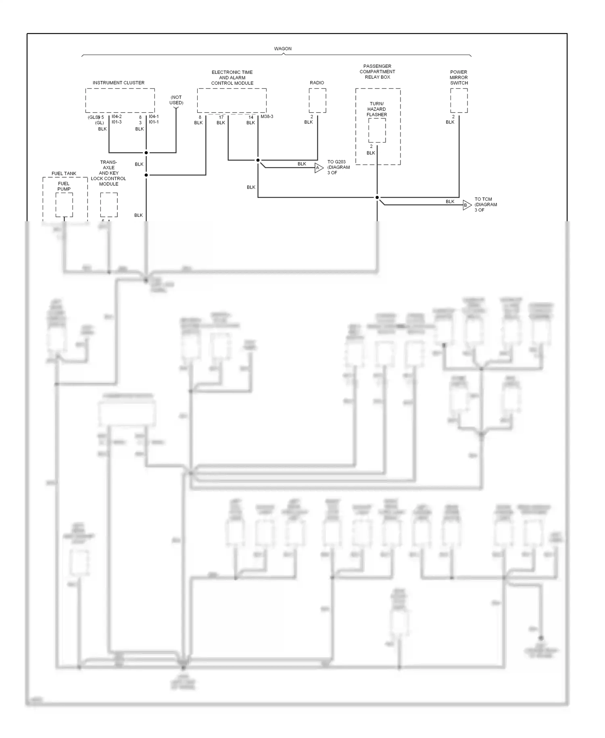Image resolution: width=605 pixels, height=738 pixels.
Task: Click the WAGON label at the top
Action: click(x=283, y=48)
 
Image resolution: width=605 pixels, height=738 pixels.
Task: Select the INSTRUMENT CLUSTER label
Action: click(x=118, y=83)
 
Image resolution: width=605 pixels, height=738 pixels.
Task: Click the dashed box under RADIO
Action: click(x=317, y=101)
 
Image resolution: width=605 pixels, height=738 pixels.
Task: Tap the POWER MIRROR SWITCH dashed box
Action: click(x=459, y=101)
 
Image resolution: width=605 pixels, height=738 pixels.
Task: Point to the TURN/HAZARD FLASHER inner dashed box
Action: click(x=377, y=130)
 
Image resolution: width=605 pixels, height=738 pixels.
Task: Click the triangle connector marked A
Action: click(x=319, y=168)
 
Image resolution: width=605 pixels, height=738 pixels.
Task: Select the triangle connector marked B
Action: click(x=467, y=205)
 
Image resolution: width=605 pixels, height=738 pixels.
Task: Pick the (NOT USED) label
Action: click(x=176, y=100)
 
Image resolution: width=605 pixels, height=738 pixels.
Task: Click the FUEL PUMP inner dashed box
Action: click(x=64, y=205)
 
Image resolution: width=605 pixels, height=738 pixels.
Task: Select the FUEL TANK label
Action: click(x=64, y=174)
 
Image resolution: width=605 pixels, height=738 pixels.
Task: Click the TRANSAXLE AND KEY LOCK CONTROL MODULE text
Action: click(x=108, y=173)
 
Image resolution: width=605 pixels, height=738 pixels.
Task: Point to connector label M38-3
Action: click(x=267, y=117)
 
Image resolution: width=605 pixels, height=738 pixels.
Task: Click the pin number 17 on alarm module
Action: click(x=221, y=117)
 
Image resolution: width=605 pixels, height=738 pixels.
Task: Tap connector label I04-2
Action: click(x=117, y=117)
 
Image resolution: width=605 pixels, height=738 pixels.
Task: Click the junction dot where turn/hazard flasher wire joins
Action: click(x=377, y=197)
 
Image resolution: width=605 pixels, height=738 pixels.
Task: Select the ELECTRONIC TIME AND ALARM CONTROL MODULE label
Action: click(x=232, y=78)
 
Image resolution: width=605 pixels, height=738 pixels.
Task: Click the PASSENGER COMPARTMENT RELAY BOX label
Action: click(x=378, y=71)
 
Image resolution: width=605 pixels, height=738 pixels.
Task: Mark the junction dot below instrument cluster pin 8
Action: click(x=146, y=153)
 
